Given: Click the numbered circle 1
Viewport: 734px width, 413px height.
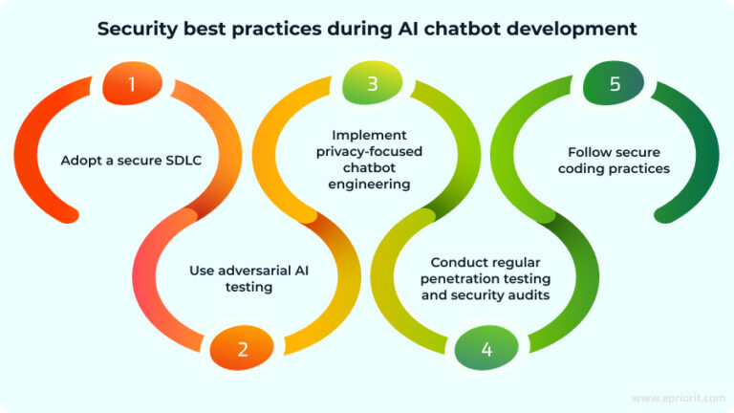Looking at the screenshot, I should tap(132, 84).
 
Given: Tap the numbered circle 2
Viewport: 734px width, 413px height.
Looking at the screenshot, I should tap(243, 349).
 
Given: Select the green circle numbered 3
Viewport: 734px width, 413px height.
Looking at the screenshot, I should tap(372, 84).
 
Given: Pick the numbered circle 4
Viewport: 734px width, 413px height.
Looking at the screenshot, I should tap(486, 349).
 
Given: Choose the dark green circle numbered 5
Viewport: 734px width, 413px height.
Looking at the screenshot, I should tap(615, 84).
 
